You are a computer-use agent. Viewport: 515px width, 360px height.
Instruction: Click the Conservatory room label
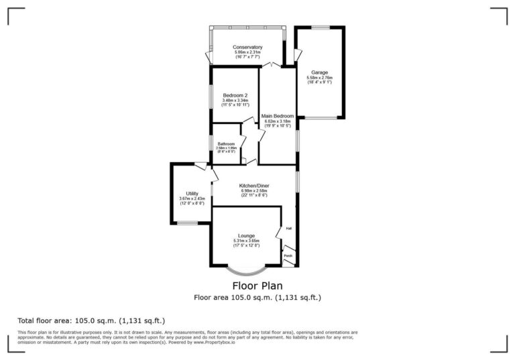[247, 47]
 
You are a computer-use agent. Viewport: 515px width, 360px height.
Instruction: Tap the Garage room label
[320, 72]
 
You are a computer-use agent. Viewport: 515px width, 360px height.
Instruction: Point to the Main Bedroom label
[278, 116]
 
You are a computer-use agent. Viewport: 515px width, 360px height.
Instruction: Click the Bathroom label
[226, 144]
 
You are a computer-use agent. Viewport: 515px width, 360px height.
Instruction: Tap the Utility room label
[192, 193]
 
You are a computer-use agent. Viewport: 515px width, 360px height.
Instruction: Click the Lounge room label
[246, 235]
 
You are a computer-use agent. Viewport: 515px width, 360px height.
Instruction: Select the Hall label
[289, 229]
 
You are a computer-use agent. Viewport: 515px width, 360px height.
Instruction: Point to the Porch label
[288, 256]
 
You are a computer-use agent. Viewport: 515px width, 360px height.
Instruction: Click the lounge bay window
[245, 272]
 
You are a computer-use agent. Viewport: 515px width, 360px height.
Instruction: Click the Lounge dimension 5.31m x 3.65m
[246, 241]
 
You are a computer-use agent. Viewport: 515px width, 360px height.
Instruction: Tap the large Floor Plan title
[257, 286]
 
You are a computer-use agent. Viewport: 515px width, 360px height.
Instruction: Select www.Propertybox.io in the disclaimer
[214, 343]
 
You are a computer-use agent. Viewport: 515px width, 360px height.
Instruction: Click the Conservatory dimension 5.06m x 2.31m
[247, 52]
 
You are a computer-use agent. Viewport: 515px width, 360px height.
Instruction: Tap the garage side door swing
[298, 54]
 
